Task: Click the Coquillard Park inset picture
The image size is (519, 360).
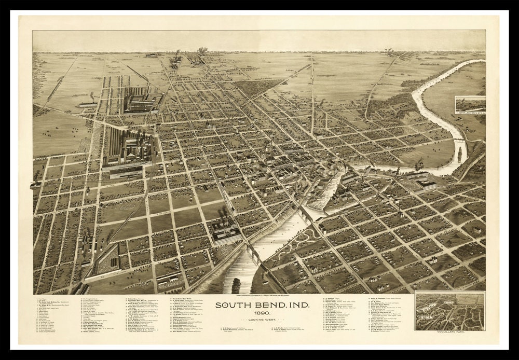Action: [450, 311]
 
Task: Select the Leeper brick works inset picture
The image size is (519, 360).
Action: [470, 103]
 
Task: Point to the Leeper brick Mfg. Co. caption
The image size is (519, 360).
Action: [470, 112]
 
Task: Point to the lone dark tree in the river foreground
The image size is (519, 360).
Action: [236, 284]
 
